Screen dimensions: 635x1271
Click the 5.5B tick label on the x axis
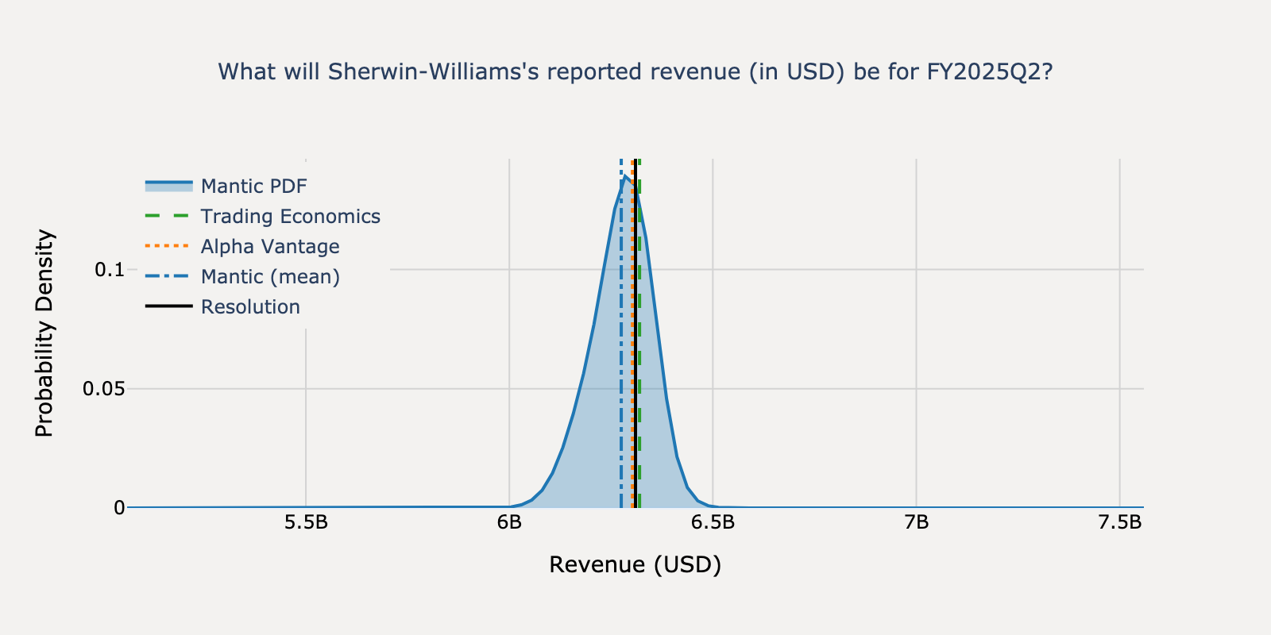click(306, 523)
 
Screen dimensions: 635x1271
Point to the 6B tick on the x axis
click(509, 523)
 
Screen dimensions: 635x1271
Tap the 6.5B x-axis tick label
click(713, 523)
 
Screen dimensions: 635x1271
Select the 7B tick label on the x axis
click(916, 523)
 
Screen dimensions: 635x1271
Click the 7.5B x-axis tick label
click(1119, 523)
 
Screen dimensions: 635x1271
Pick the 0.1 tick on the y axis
click(110, 270)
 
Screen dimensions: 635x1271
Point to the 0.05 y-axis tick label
click(103, 389)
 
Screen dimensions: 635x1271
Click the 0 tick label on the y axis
click(119, 508)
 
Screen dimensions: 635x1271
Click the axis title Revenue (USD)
click(635, 564)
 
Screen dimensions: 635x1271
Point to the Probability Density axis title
click(44, 333)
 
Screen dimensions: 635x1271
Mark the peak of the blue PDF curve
click(625, 176)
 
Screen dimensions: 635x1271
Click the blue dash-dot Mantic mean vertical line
click(621, 357)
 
